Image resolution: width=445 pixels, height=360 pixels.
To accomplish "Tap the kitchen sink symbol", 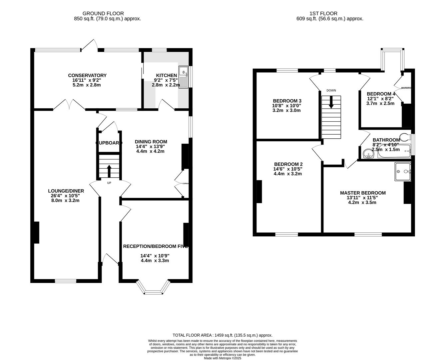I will coord(184,76).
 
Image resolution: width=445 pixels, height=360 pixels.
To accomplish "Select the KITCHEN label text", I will coord(167,75).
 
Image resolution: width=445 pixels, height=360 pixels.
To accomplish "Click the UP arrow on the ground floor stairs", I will coord(109,171).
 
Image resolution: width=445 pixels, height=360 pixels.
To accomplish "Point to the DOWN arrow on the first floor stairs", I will coord(331,102).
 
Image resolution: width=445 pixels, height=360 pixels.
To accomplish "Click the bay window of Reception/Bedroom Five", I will coord(154,288).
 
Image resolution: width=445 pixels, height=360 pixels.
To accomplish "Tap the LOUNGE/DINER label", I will coord(66,191).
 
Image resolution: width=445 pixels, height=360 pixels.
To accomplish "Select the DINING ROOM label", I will coord(151,142).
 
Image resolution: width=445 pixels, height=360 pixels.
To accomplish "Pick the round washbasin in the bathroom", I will coord(367,154).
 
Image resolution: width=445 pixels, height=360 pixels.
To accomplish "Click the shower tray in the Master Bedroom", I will coord(403,172).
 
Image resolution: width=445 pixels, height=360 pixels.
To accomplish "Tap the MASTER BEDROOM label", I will coord(363,193).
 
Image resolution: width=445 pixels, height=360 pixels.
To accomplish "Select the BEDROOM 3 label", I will coord(287,101).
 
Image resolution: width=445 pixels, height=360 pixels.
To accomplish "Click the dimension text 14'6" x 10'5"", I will coord(288,169).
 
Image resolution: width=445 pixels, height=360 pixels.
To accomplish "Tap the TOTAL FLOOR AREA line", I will coord(222,335).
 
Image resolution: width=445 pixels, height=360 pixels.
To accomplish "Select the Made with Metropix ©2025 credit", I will coord(222,358).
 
